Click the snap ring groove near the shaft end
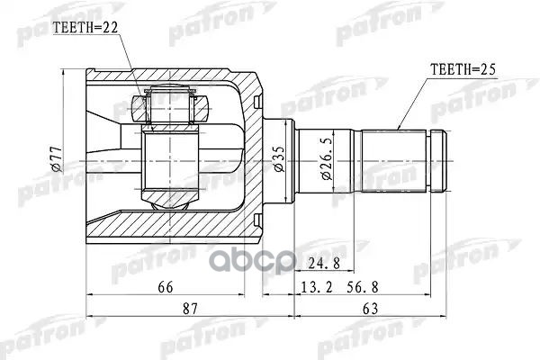tap(436, 161)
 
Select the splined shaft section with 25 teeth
tap(396, 161)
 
